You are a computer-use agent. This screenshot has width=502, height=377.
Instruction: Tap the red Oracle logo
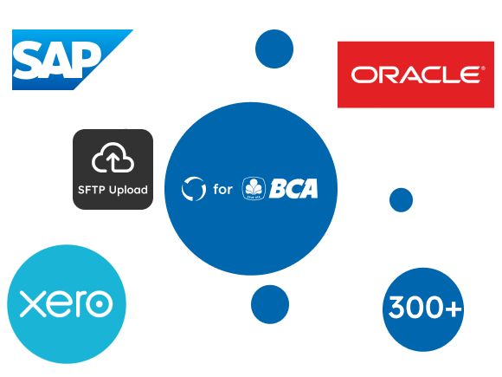[415, 75]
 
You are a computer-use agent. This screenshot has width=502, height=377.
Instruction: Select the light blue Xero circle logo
[67, 304]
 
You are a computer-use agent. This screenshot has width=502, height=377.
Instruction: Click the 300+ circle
[423, 309]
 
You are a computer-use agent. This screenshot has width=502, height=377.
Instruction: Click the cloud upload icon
[113, 158]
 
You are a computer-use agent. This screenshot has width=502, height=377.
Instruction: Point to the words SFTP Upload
[113, 190]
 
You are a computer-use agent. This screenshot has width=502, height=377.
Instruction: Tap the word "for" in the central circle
[222, 189]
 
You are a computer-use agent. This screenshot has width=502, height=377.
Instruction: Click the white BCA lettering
[293, 189]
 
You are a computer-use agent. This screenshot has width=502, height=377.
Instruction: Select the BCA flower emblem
[254, 189]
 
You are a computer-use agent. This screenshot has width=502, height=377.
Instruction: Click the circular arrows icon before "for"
[193, 189]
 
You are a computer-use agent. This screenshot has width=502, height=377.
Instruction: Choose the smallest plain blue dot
[401, 200]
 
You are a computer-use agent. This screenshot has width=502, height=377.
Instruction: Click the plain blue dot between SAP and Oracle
[274, 49]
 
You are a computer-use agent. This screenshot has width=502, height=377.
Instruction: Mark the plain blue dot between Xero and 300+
[270, 304]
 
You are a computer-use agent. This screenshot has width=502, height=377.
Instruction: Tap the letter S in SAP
[29, 60]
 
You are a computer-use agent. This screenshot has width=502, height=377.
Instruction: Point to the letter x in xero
[32, 304]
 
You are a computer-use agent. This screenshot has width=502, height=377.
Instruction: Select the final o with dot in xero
[100, 304]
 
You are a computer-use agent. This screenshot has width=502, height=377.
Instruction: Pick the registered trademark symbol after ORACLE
[483, 68]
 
